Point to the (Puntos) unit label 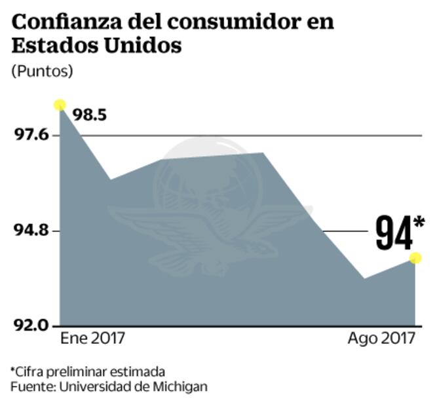tap(42, 71)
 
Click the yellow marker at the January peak tap(60, 105)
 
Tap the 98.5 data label tap(90, 115)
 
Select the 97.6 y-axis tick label tap(31, 135)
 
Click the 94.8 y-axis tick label tap(31, 231)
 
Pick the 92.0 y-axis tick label tap(31, 325)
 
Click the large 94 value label tap(393, 232)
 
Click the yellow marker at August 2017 tap(415, 258)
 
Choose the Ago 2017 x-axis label tap(381, 339)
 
